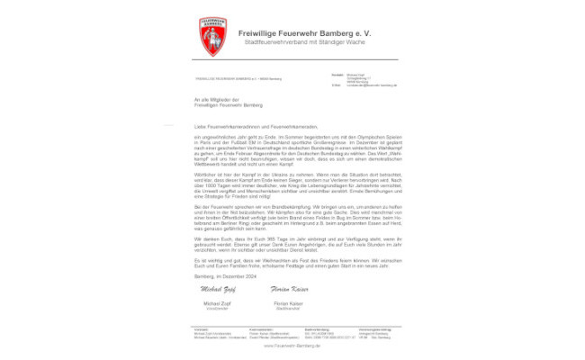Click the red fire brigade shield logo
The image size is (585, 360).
pyautogui.click(x=211, y=37)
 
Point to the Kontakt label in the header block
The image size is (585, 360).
pyautogui.click(x=337, y=74)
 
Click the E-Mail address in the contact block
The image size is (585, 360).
pyautogui.click(x=371, y=85)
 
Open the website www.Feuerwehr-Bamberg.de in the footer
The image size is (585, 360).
pyautogui.click(x=292, y=345)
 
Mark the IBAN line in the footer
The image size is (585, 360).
pyautogui.click(x=328, y=337)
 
